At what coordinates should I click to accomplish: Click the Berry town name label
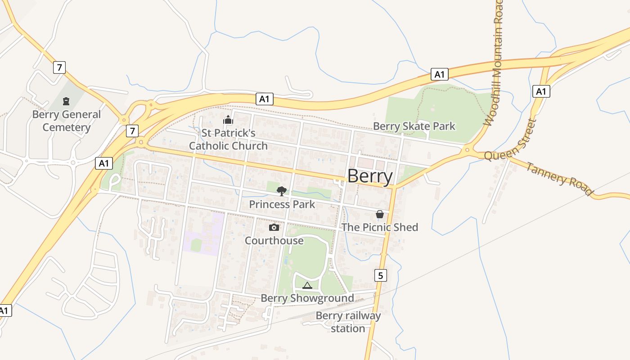point(370,176)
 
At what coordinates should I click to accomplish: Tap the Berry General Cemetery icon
point(67,101)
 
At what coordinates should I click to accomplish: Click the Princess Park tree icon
point(282,191)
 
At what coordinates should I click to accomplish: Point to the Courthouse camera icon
point(274,228)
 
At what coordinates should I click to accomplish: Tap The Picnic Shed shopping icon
point(379,214)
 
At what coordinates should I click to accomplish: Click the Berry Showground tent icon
point(307,285)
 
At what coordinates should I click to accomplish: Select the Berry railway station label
point(348,322)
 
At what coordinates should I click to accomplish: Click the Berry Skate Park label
point(414,126)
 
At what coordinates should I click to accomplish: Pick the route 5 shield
point(380,275)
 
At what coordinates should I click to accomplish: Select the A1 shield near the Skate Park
point(439,74)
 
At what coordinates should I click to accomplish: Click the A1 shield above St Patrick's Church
point(265,99)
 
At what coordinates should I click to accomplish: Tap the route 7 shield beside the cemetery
point(59,67)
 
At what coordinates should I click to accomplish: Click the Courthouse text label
point(274,241)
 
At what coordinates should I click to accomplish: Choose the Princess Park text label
point(282,204)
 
